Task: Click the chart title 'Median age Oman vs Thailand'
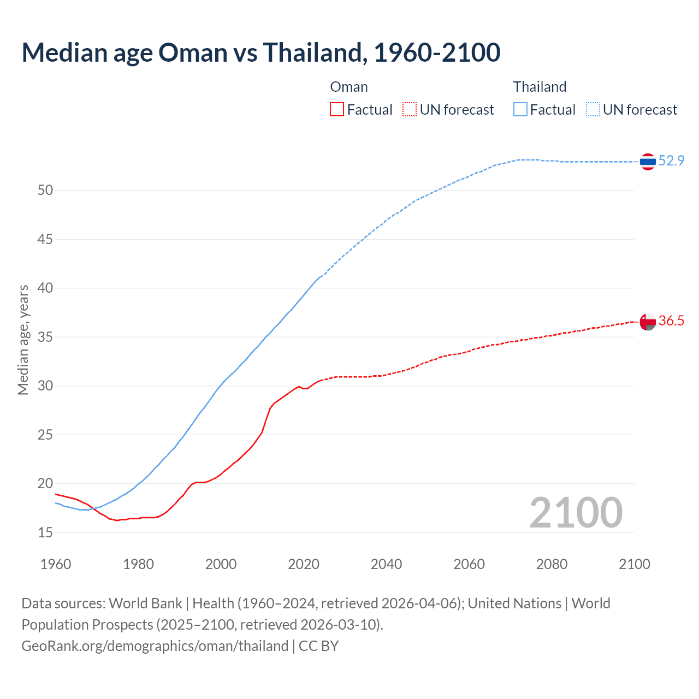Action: coord(260,52)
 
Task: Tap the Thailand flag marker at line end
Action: coord(648,161)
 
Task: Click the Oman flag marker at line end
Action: coord(648,322)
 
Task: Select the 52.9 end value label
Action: coord(671,161)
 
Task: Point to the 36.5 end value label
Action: coord(671,321)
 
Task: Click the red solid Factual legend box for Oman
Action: coord(337,110)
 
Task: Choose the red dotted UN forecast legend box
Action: coord(410,110)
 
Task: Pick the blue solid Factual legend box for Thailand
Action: coord(520,110)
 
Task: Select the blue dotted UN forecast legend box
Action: coord(593,110)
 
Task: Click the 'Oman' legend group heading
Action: coord(349,87)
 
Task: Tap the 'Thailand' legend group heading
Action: coord(540,87)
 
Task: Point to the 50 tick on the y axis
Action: coord(45,191)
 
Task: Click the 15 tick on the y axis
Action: coord(45,532)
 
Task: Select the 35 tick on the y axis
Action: coord(45,337)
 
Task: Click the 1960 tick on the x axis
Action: coord(56,564)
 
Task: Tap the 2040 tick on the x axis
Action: coord(386,564)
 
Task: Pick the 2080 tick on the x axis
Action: coord(552,564)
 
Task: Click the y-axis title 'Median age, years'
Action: coord(23,340)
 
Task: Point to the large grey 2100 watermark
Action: coord(576,512)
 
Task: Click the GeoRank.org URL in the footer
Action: coord(155,646)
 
